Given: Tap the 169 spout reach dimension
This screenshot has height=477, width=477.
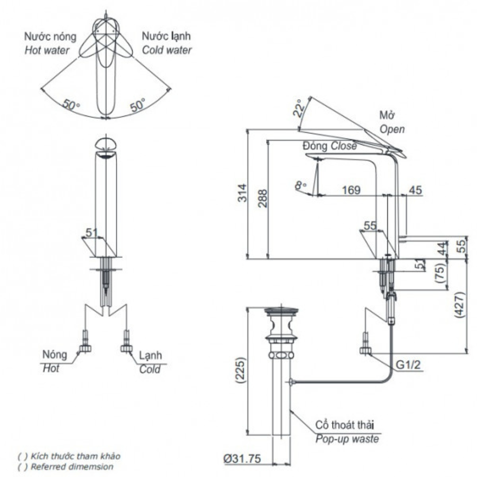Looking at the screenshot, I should [351, 190].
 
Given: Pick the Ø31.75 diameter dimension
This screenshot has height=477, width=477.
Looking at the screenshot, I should [242, 459].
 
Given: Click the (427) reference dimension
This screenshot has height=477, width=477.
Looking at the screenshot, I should [459, 306].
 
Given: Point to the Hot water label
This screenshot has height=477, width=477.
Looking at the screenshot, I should [47, 50].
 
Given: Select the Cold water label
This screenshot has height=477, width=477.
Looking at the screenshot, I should [166, 50].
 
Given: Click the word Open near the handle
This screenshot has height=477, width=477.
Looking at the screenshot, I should [392, 129].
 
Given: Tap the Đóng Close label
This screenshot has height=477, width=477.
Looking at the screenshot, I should [330, 146].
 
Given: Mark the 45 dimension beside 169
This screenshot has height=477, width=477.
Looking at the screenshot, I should [415, 190].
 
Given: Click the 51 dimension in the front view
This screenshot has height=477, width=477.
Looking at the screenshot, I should [91, 232].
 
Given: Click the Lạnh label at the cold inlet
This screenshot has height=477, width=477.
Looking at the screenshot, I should [150, 355].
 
